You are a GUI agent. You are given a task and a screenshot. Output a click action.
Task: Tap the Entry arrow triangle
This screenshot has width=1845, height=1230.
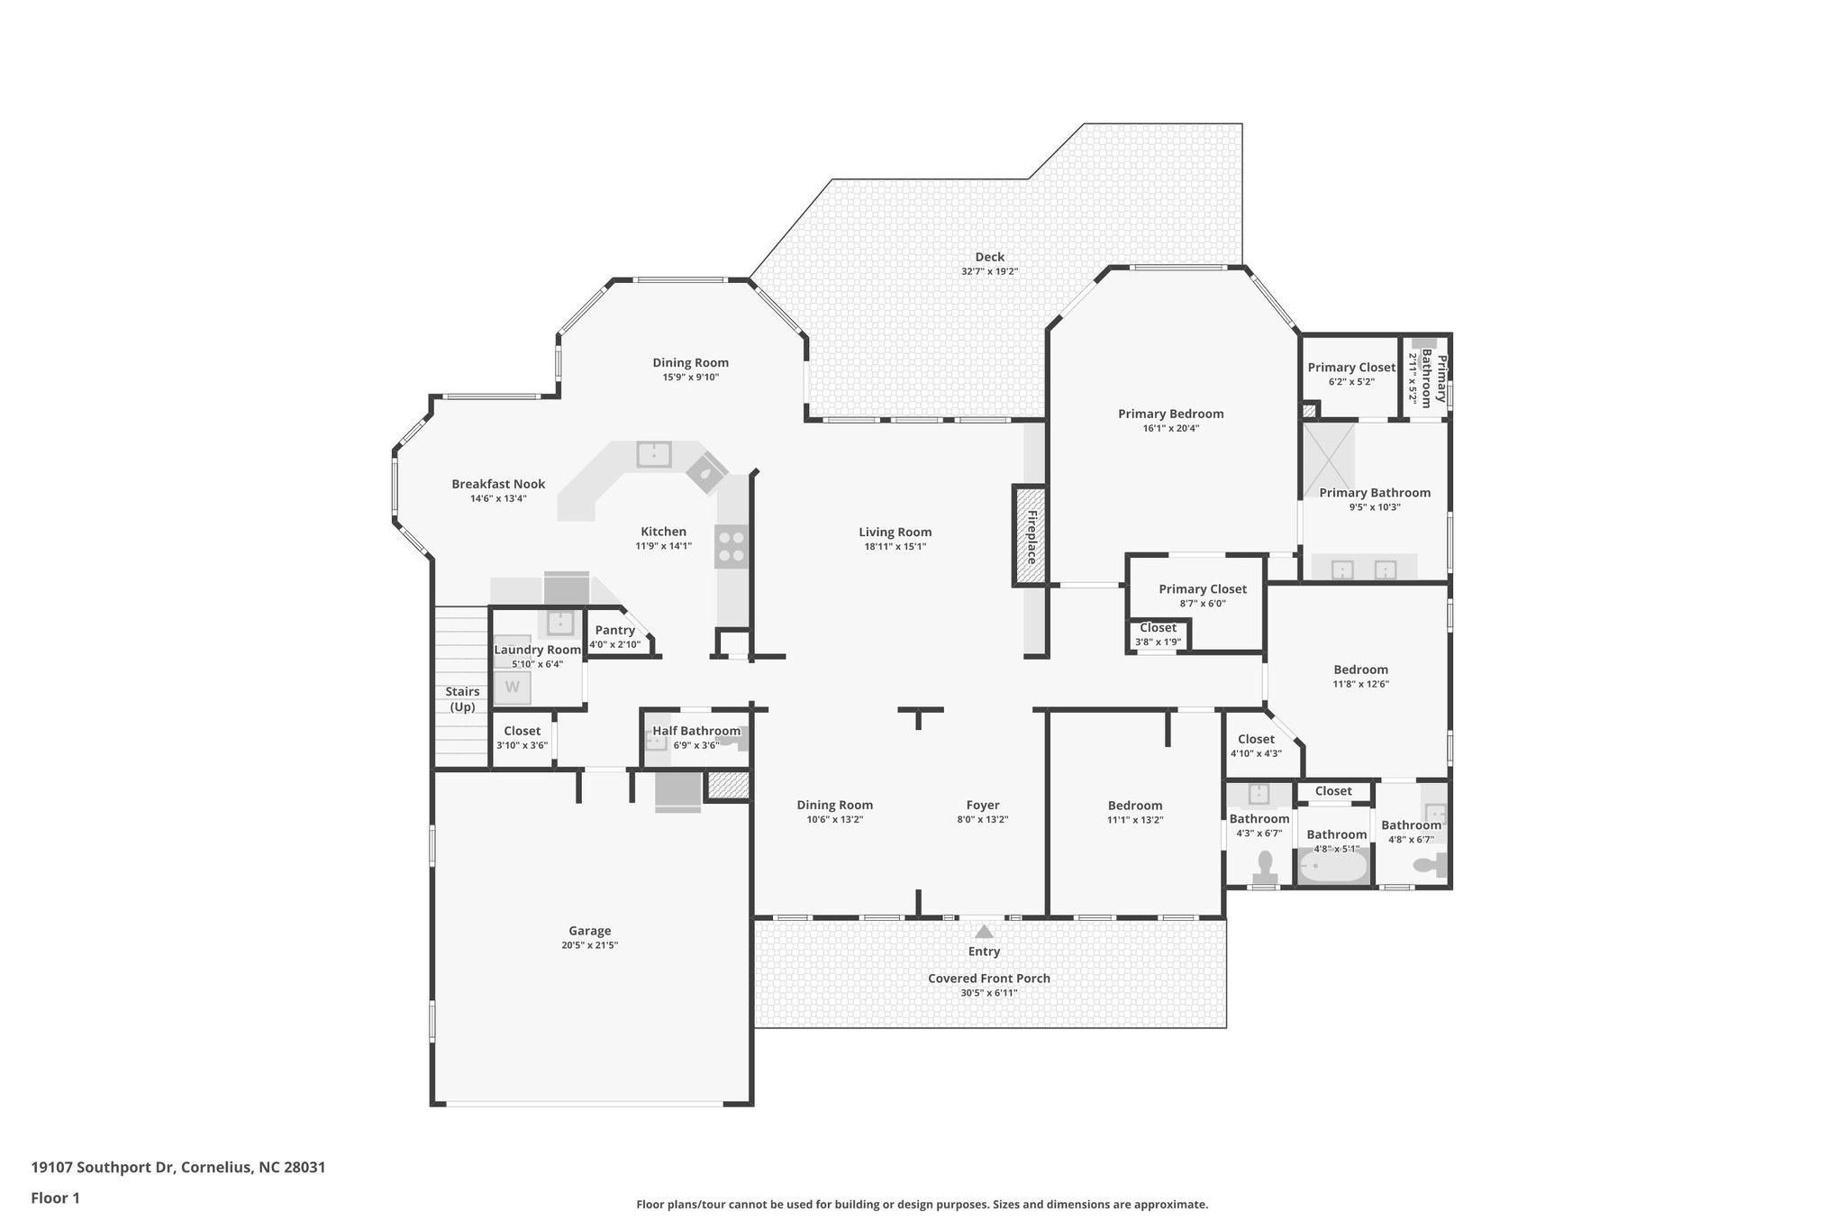(x=985, y=932)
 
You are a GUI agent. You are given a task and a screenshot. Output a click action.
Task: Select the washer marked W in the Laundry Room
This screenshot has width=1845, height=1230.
(x=512, y=688)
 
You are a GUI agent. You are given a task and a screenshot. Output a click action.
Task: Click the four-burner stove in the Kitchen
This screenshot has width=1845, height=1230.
(x=732, y=546)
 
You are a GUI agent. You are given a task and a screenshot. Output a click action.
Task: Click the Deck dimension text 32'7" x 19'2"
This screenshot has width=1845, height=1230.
(x=989, y=271)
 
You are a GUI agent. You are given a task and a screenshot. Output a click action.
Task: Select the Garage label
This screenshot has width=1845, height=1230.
(x=590, y=931)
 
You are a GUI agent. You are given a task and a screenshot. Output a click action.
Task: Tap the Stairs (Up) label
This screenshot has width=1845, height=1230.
(x=462, y=699)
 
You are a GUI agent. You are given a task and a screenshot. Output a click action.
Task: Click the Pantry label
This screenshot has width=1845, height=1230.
(x=614, y=630)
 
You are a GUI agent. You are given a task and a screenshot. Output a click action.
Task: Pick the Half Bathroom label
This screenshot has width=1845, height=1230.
(x=696, y=731)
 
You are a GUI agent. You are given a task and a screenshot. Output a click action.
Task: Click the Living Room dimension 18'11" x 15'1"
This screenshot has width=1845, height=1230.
(x=895, y=546)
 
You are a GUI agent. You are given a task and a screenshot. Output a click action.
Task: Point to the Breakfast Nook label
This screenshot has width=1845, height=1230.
(x=498, y=484)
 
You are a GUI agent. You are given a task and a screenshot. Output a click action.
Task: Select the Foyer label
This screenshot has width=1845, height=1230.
(x=983, y=805)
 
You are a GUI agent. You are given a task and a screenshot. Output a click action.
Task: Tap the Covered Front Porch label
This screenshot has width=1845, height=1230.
(x=989, y=978)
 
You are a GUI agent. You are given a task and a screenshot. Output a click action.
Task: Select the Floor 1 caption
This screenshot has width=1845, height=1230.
(x=56, y=1198)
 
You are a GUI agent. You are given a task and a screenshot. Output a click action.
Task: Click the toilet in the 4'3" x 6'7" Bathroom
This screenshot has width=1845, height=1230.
(x=1266, y=866)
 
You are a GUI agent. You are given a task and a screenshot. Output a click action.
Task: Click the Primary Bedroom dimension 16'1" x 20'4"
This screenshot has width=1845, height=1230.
(x=1170, y=428)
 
